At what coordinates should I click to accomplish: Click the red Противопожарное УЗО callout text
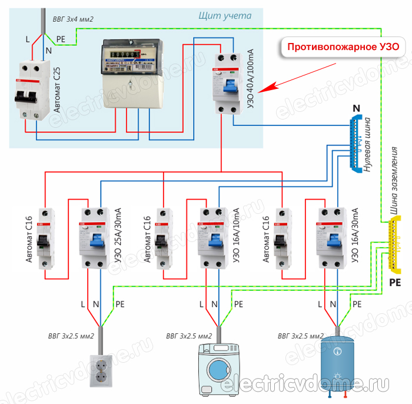[342, 47]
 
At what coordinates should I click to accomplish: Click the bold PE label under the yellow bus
[396, 283]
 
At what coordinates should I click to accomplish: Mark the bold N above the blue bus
[355, 108]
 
